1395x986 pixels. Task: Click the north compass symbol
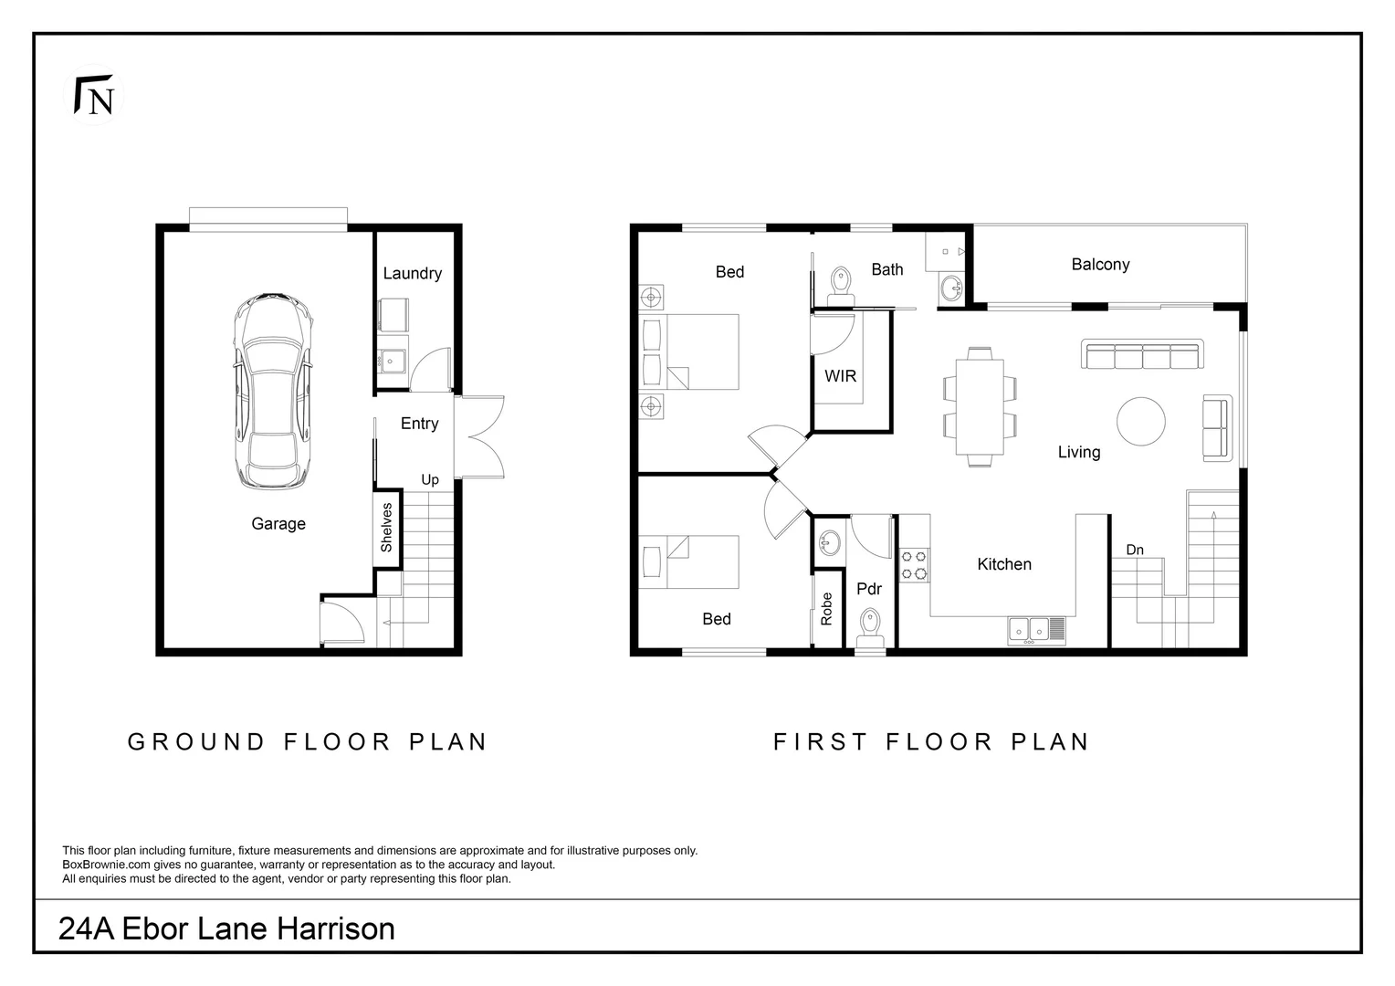click(x=95, y=95)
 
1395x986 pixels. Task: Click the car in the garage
click(x=273, y=391)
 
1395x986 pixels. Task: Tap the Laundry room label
click(x=412, y=273)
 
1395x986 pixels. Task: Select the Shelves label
click(x=386, y=527)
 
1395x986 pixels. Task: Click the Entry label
click(x=419, y=424)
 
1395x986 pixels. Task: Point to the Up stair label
click(x=430, y=479)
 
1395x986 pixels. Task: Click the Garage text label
click(x=278, y=523)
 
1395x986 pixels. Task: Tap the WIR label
click(x=840, y=375)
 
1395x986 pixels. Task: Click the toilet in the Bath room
click(x=840, y=284)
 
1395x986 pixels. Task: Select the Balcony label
click(x=1100, y=264)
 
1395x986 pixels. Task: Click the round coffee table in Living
click(x=1140, y=422)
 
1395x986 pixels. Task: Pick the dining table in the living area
click(x=980, y=406)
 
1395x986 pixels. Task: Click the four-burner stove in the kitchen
click(x=915, y=564)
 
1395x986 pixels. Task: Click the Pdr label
click(x=869, y=589)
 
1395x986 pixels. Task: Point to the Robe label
click(x=827, y=608)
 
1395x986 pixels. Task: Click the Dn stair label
click(x=1135, y=550)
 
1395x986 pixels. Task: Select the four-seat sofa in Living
click(x=1142, y=354)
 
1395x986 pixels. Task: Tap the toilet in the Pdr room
click(x=870, y=627)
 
